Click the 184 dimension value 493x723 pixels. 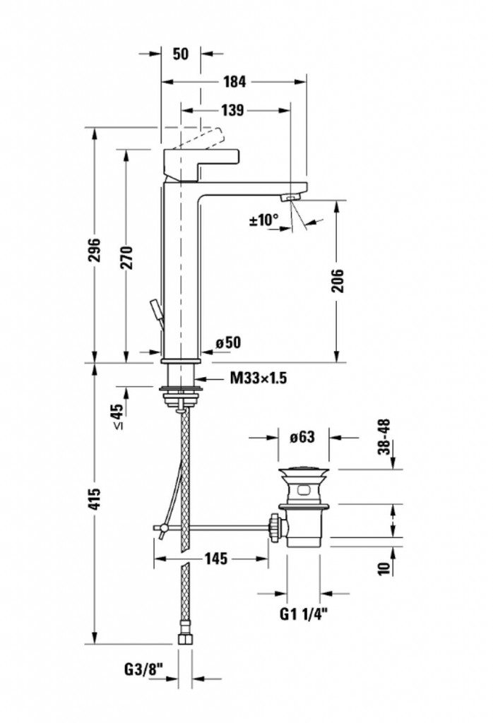coord(234,82)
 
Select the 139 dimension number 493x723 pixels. coord(232,110)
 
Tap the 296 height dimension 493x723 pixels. coord(95,249)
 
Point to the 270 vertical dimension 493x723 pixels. coord(126,258)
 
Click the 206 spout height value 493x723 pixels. coord(338,280)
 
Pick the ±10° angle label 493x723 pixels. coord(263,220)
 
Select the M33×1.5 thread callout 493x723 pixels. coord(259,378)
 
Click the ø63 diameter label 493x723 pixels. coord(302,436)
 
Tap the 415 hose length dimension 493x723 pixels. coord(95,498)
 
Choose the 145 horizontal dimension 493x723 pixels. coord(216,559)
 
